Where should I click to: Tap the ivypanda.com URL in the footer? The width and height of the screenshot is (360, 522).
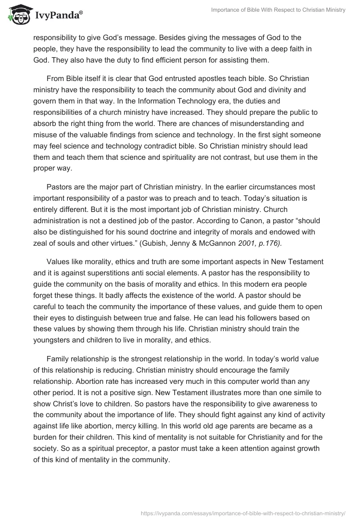tap(243, 513)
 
